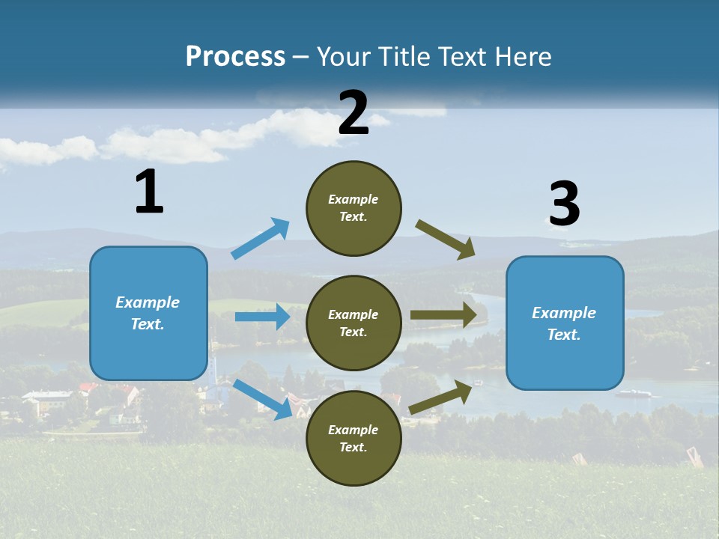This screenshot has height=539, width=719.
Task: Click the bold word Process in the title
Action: (x=235, y=57)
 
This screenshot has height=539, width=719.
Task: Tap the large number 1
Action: (x=149, y=192)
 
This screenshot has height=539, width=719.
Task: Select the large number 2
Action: (x=354, y=114)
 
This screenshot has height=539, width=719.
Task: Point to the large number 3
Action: (x=565, y=204)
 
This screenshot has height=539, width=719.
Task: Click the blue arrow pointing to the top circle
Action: (x=261, y=239)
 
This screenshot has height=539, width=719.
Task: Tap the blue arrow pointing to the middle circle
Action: (x=262, y=317)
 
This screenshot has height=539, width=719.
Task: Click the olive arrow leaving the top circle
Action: (x=446, y=239)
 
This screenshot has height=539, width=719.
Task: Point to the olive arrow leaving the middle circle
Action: (x=443, y=315)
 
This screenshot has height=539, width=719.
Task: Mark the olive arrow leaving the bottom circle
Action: (x=440, y=397)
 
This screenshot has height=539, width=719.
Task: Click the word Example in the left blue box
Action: (x=148, y=302)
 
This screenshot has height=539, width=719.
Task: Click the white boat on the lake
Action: (x=634, y=392)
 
